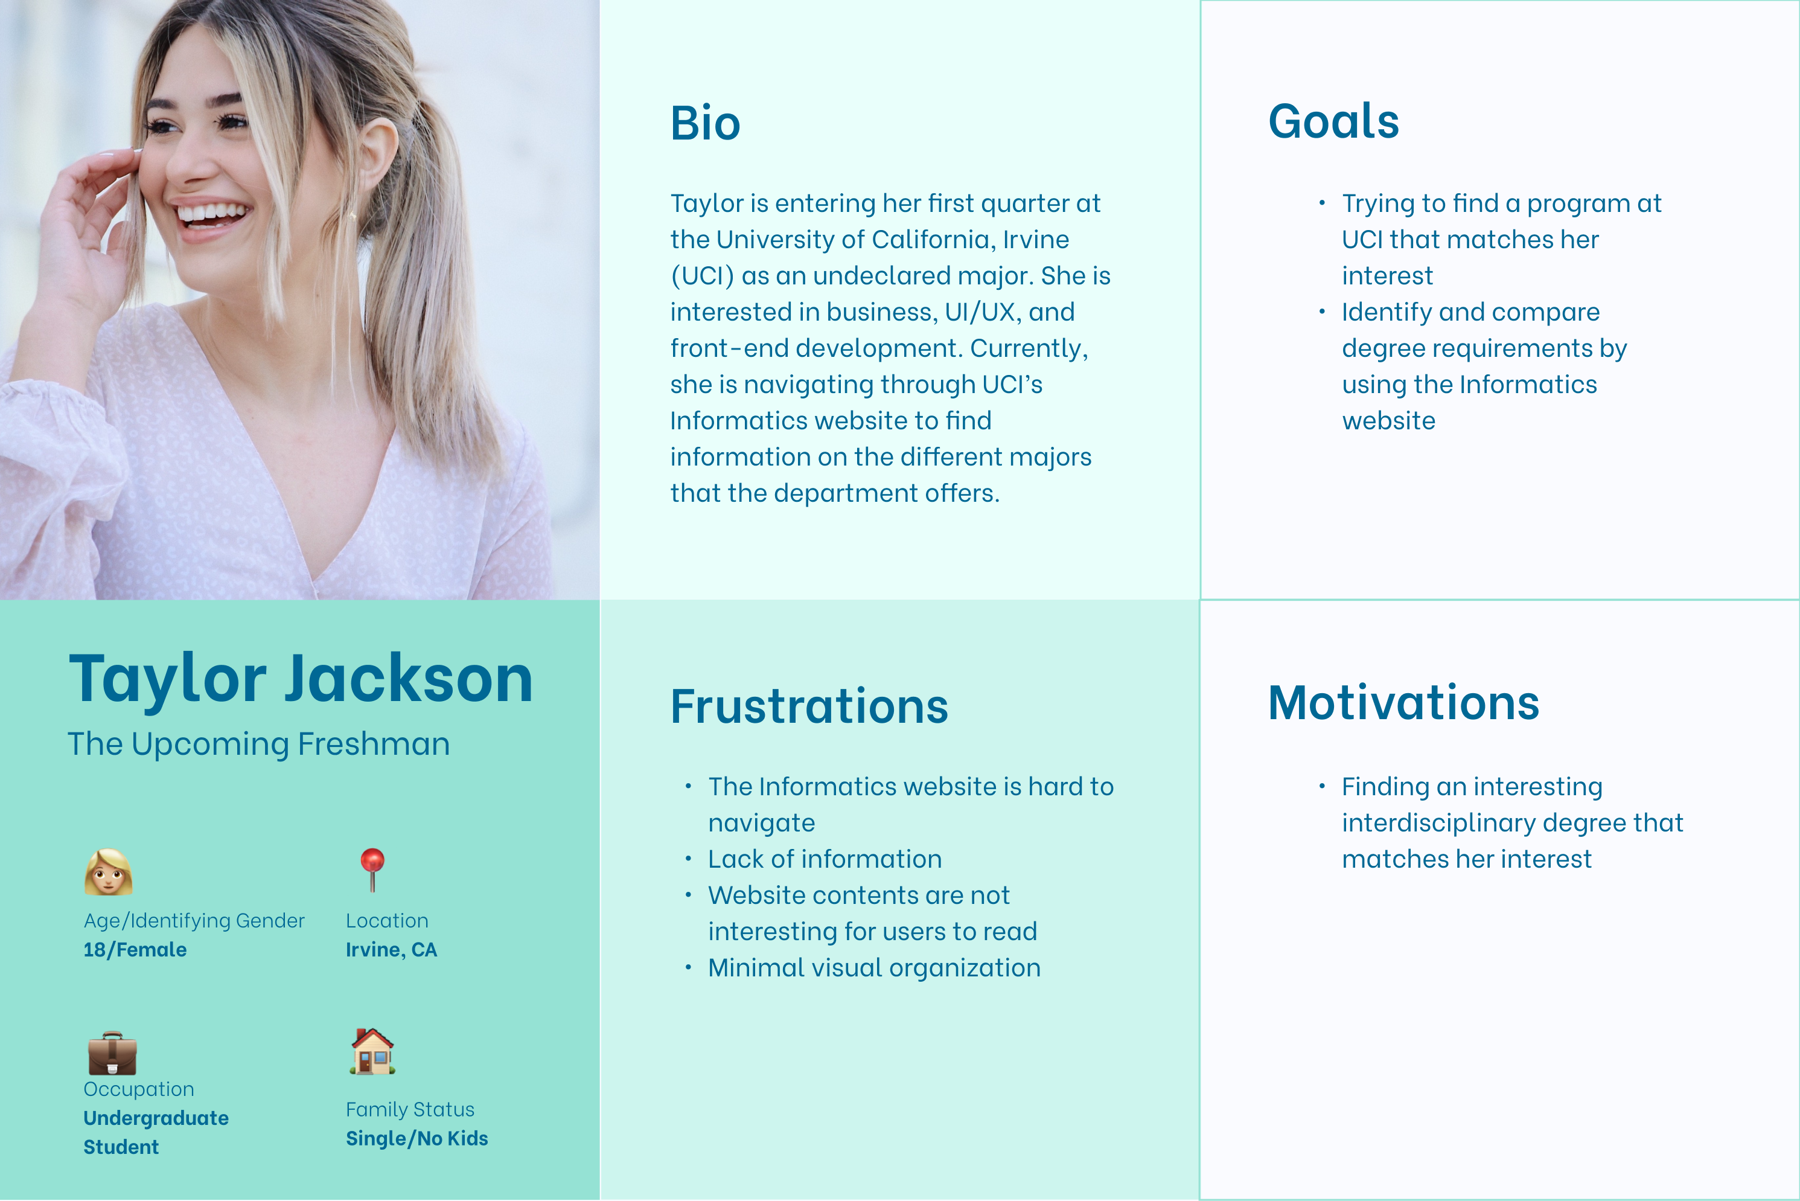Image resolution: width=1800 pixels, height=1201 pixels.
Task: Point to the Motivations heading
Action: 1403,702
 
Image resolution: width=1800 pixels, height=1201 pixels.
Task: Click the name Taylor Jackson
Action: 300,679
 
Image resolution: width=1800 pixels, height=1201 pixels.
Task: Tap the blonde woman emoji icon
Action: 108,872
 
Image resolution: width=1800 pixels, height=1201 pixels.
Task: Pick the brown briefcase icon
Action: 112,1053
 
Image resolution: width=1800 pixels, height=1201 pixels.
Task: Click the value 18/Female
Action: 135,950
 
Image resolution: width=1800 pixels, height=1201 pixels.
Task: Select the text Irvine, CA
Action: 391,950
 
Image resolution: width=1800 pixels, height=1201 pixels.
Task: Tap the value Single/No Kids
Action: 416,1138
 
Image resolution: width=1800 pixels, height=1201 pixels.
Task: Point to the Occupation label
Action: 139,1089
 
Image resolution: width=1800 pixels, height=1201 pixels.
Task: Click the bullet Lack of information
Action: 825,859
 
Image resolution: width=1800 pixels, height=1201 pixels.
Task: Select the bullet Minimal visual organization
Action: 873,967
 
